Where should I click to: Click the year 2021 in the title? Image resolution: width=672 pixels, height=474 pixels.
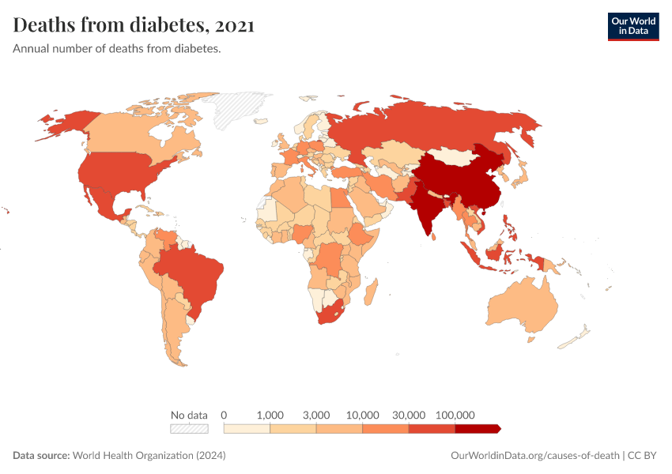(234, 25)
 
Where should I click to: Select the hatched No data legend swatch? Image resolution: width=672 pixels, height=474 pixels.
(189, 428)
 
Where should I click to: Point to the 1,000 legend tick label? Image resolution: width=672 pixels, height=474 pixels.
(270, 415)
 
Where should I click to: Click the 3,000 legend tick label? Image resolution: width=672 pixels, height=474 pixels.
(316, 415)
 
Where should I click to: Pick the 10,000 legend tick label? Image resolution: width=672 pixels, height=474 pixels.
(363, 415)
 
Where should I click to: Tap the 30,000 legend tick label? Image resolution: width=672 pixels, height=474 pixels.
(409, 415)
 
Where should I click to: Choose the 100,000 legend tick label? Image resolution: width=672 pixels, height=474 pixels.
(455, 415)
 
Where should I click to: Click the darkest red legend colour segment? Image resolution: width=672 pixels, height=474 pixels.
(477, 428)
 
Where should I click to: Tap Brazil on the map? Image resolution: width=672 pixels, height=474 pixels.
(194, 273)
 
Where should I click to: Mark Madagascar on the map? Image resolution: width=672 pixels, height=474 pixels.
(370, 293)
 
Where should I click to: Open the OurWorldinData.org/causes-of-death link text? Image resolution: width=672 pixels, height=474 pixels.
(534, 456)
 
